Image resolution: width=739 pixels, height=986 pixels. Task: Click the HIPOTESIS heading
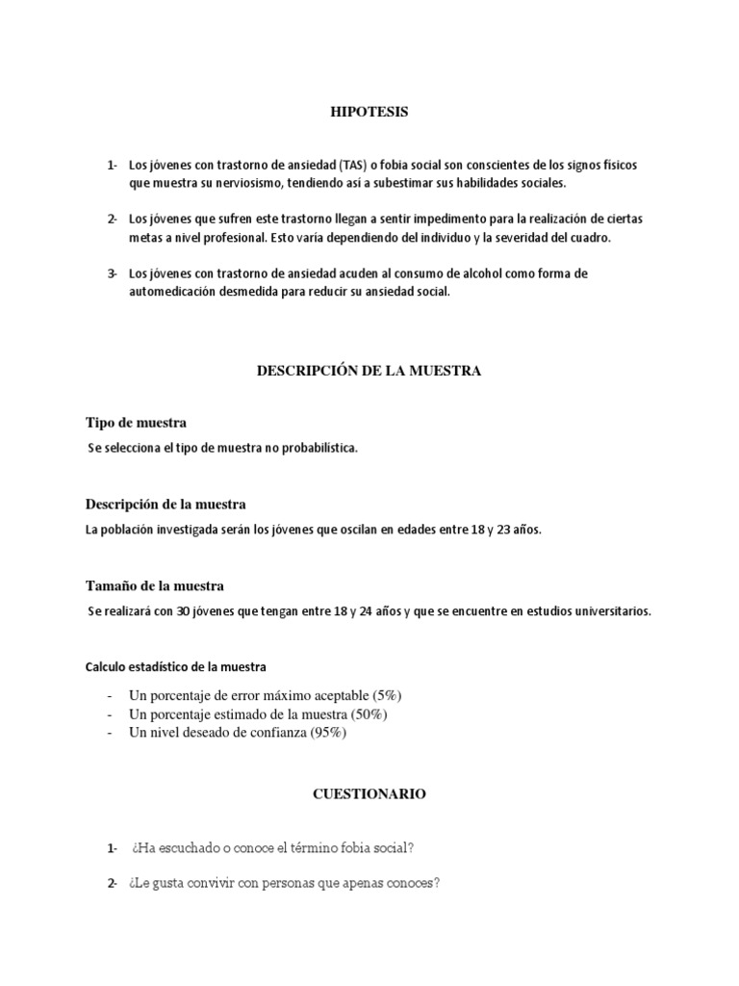[x=370, y=113]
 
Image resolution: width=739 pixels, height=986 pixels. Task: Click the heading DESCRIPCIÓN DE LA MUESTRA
[x=369, y=370]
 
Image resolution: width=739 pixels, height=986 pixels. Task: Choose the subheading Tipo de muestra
[x=136, y=422]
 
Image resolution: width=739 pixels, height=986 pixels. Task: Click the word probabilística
[x=315, y=447]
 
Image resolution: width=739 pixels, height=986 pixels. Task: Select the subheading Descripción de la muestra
[x=166, y=504]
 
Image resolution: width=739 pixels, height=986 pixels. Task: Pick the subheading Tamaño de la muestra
[x=155, y=585]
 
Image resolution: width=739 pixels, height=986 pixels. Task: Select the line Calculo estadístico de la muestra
[x=176, y=666]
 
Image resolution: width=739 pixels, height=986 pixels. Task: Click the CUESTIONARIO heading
[x=369, y=794]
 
